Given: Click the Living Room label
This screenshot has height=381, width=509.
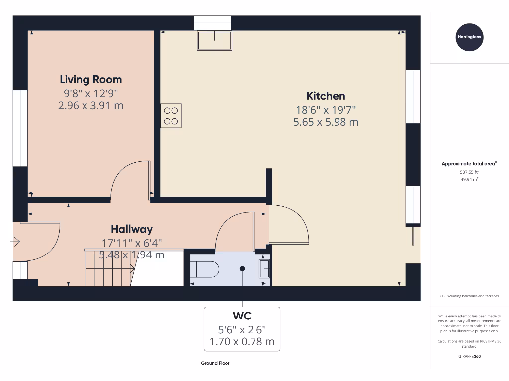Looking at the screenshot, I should tap(90, 79).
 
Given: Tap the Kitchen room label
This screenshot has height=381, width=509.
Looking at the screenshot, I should tap(326, 96).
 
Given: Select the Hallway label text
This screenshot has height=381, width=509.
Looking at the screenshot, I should tap(131, 229).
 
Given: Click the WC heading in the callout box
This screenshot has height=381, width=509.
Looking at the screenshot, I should tap(242, 316).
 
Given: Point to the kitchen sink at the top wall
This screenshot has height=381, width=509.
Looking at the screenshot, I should tap(215, 40).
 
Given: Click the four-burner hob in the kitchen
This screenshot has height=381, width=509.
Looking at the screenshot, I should tap(171, 116).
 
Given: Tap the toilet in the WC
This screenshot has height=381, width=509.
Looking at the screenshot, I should tap(204, 269).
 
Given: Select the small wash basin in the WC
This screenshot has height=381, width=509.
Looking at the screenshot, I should tap(265, 269).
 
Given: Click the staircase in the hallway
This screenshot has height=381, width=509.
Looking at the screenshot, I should tap(108, 268).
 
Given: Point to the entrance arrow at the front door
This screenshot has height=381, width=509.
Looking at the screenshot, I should tap(15, 242).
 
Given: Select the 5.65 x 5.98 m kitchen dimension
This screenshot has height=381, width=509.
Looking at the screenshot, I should tap(326, 122).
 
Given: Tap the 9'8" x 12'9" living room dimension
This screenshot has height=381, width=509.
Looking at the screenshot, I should tap(90, 93).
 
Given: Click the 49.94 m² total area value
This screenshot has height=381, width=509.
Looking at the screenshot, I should tap(469, 179).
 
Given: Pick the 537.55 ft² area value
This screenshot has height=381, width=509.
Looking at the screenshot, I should tap(469, 172).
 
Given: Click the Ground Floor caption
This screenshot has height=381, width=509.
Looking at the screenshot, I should tap(215, 363).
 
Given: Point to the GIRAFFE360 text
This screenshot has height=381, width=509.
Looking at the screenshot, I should tap(469, 356).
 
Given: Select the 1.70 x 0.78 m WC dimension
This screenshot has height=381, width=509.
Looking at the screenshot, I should tap(242, 342).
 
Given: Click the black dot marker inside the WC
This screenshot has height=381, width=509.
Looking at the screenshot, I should tap(242, 269).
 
